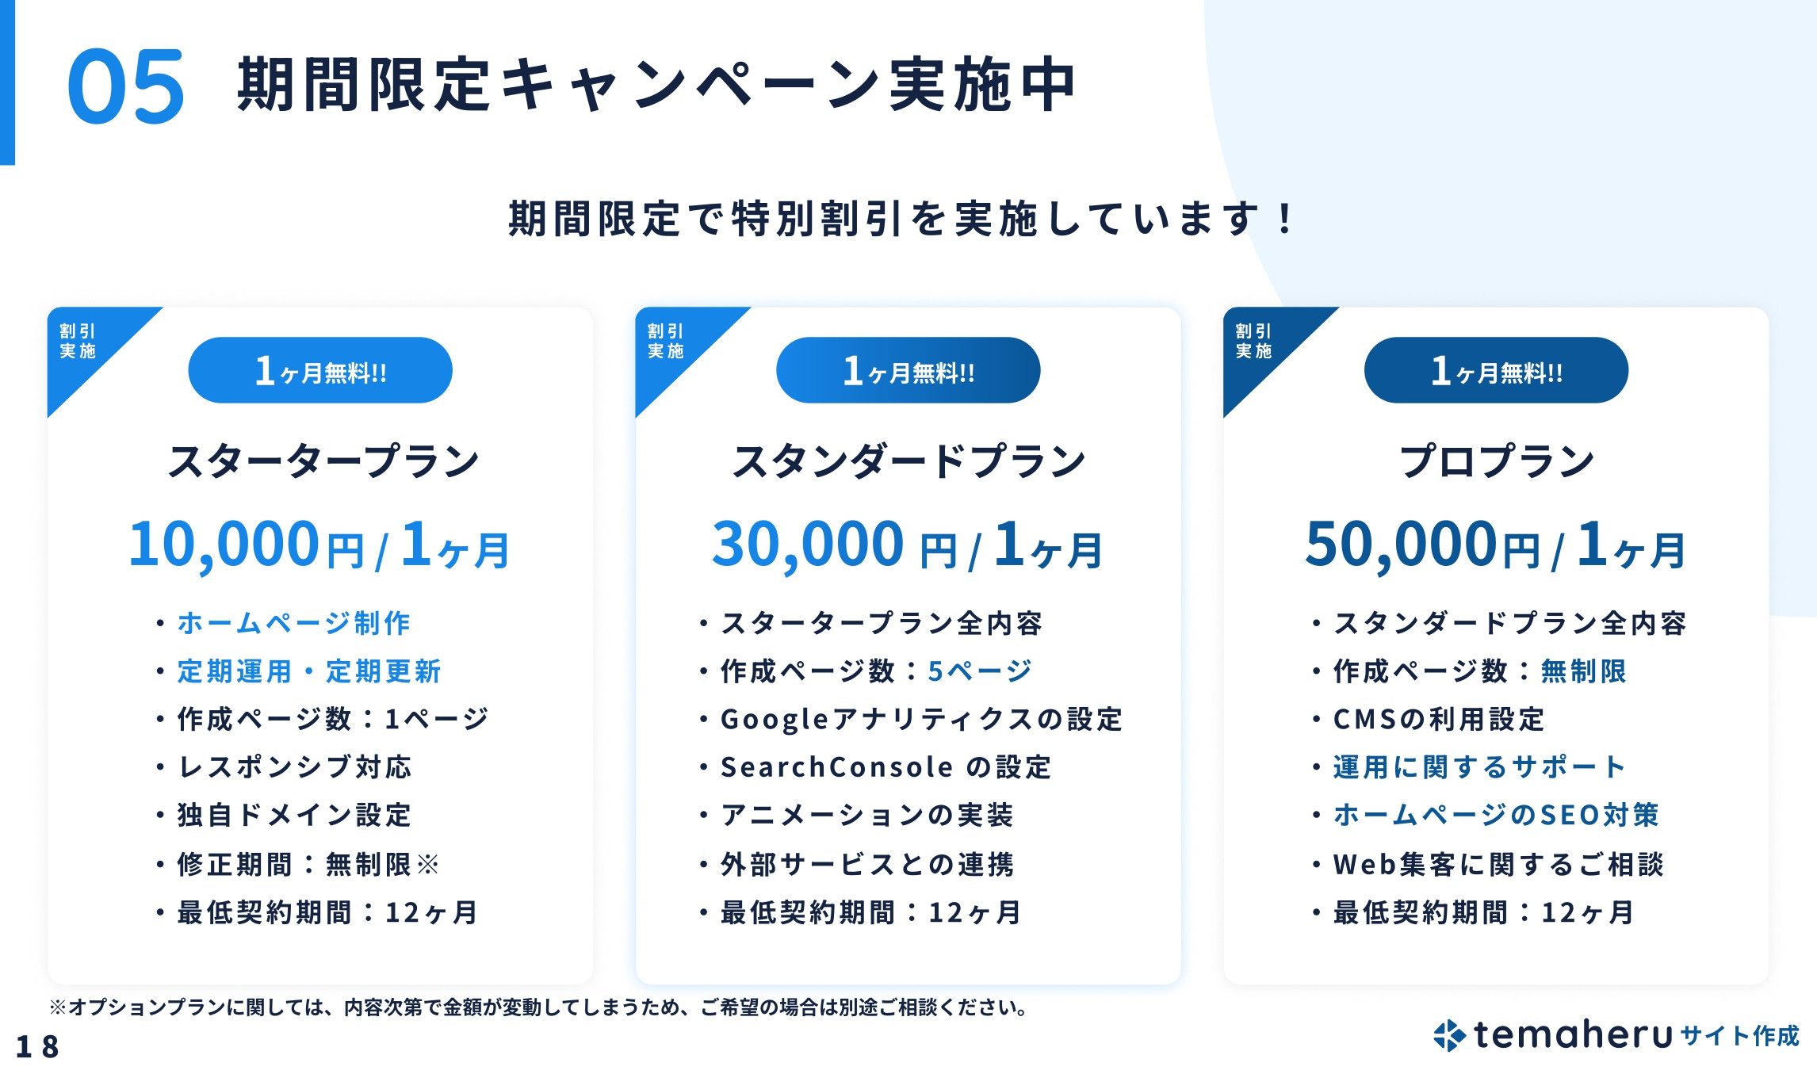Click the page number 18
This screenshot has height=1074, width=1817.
[x=37, y=1046]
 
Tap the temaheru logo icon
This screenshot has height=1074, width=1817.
[x=1449, y=1035]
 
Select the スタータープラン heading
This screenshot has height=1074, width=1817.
[x=323, y=461]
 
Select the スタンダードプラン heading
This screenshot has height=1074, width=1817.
[x=908, y=461]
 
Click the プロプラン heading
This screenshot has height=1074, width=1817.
[x=1497, y=461]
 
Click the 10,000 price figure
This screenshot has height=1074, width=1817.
[x=224, y=545]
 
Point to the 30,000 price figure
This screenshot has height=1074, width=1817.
[x=807, y=545]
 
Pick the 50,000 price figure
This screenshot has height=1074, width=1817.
[x=1400, y=545]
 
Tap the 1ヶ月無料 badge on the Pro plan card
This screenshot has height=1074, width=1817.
[x=1496, y=370]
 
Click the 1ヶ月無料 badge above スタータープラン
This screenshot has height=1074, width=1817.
[x=320, y=370]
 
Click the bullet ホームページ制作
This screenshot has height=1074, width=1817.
[x=293, y=623]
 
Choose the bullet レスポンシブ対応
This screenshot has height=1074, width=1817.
[x=294, y=767]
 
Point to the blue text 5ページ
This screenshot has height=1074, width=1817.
[x=980, y=671]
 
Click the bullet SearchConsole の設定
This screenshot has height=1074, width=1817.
[x=886, y=767]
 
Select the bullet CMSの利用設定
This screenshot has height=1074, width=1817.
[x=1439, y=719]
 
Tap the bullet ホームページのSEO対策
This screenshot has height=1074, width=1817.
[x=1496, y=815]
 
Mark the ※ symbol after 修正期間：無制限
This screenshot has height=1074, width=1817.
[x=428, y=864]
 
